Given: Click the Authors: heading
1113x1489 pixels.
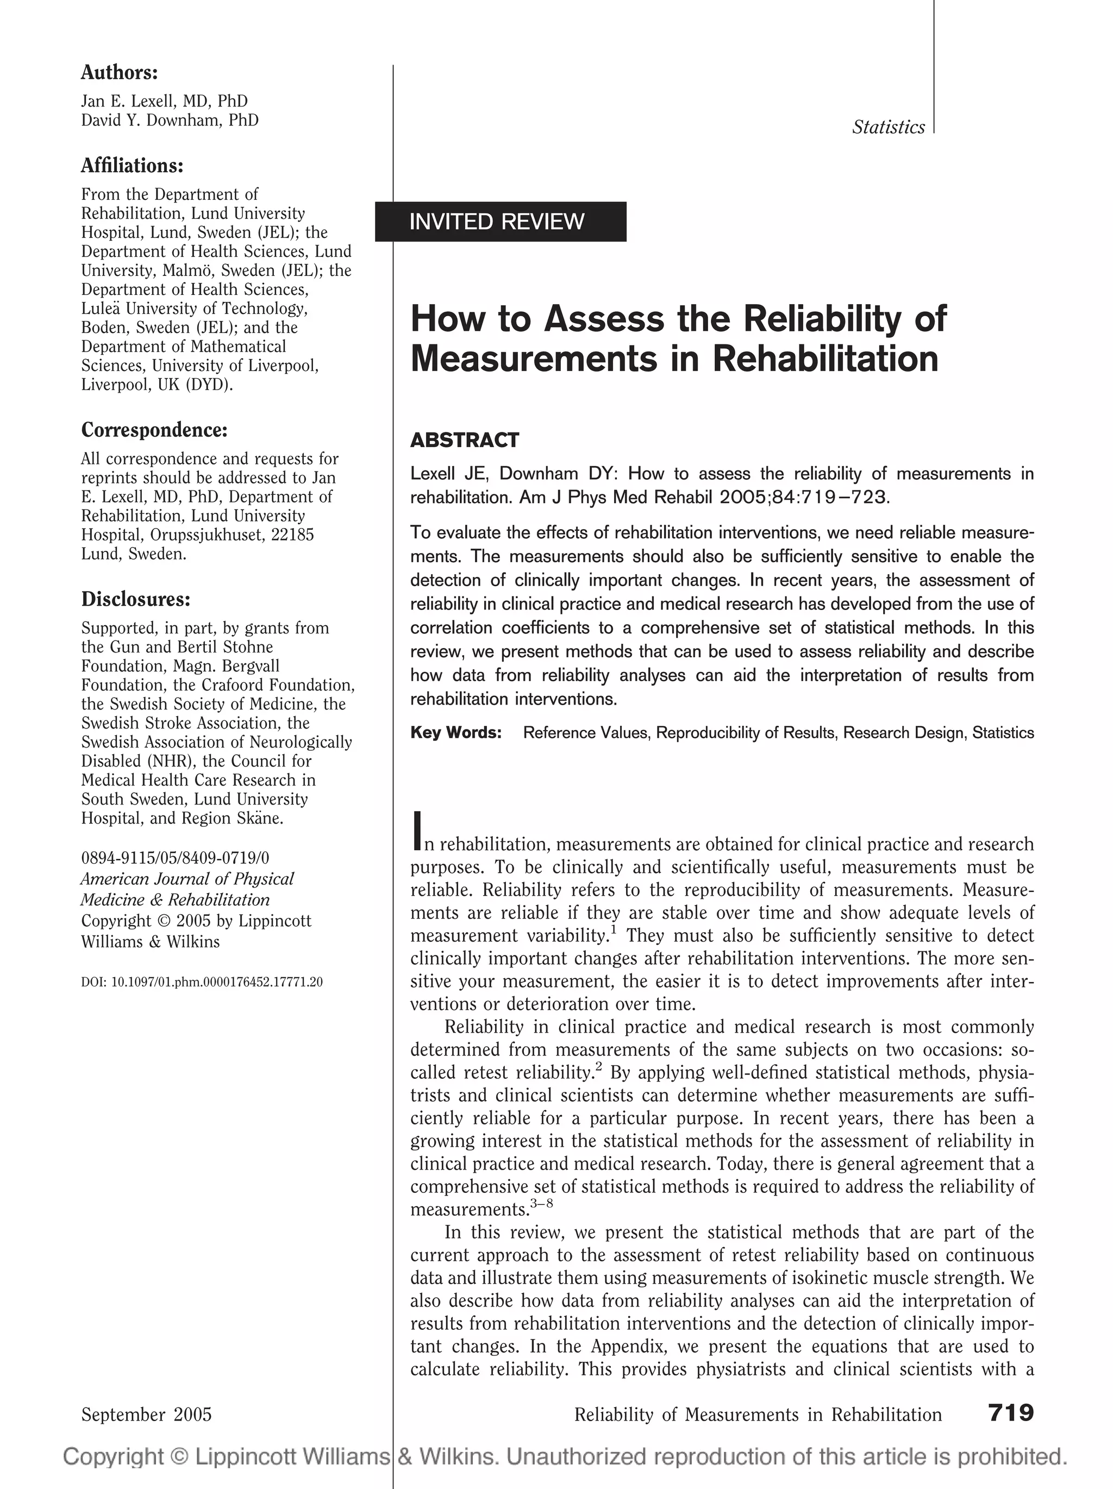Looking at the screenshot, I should [119, 72].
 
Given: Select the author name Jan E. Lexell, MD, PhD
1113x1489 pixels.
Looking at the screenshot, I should [164, 101].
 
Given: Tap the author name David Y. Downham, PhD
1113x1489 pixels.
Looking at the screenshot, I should [170, 120].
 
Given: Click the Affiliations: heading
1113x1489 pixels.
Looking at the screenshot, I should [132, 166].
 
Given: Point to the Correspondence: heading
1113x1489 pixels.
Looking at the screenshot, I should [154, 430].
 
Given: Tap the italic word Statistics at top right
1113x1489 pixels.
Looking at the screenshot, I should [887, 127].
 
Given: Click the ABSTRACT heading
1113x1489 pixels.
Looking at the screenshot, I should [465, 440].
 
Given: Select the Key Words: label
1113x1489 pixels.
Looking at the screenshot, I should [456, 732].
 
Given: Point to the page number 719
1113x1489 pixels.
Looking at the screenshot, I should [1011, 1412].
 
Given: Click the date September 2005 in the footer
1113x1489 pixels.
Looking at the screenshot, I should [146, 1414].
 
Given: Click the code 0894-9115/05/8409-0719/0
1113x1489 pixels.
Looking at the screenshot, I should [174, 858].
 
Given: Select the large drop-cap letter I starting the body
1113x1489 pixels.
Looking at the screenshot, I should [417, 831].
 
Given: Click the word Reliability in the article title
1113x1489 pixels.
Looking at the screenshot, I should [820, 318].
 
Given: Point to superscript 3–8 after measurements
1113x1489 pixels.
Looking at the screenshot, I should [541, 1203].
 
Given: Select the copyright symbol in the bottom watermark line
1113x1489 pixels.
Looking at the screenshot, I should [178, 1457].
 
